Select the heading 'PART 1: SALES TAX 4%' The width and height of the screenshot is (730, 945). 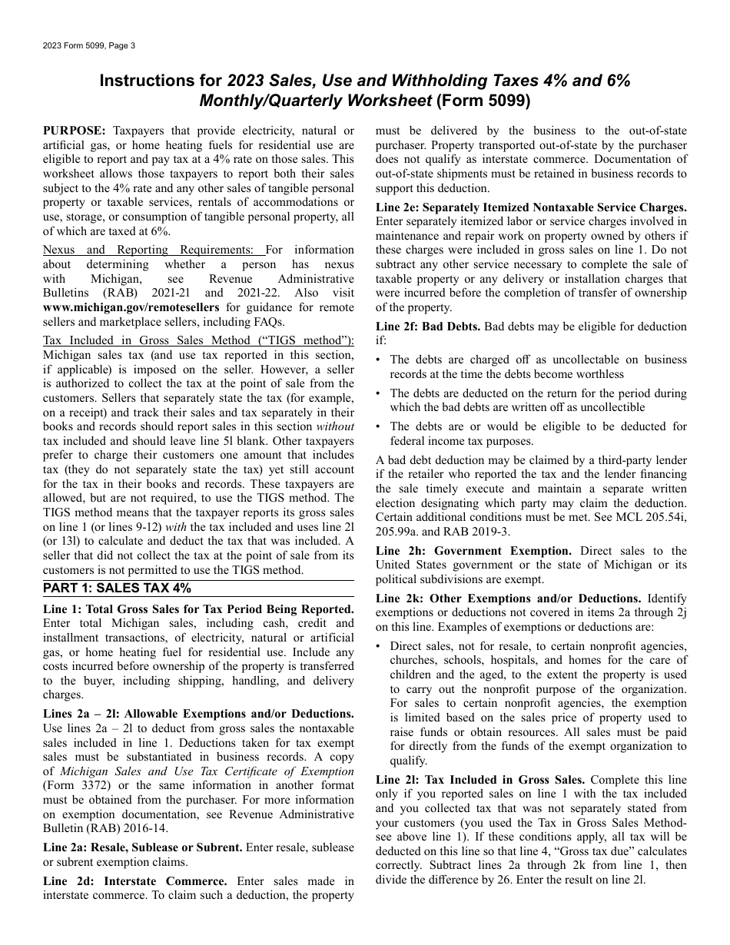[117, 589]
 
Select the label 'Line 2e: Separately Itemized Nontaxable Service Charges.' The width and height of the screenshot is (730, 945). [531, 207]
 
